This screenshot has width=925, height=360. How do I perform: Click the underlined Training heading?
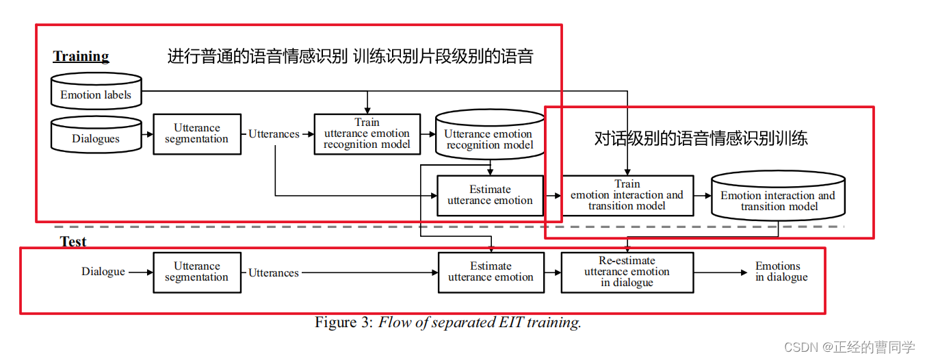coord(81,56)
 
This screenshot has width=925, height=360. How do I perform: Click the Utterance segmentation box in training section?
coord(197,133)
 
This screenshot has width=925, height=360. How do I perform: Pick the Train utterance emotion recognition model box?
coord(367,133)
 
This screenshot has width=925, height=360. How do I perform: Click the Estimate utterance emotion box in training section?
coord(490,195)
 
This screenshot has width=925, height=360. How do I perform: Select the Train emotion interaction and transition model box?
coord(627,195)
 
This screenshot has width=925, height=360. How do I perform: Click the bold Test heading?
coord(73,242)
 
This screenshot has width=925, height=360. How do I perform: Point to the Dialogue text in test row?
coord(103,272)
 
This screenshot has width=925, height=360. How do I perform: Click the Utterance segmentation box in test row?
coord(197,272)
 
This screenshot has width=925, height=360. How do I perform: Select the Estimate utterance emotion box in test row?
coord(491,272)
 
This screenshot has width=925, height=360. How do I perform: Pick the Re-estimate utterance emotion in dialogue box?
coord(627,272)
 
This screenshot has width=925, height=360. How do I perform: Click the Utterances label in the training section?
coord(274,134)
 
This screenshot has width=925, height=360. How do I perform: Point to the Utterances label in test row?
coord(274,272)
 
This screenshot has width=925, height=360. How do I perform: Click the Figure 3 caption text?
coord(447,322)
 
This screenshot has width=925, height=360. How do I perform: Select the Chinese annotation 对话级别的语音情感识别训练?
coord(701,138)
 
